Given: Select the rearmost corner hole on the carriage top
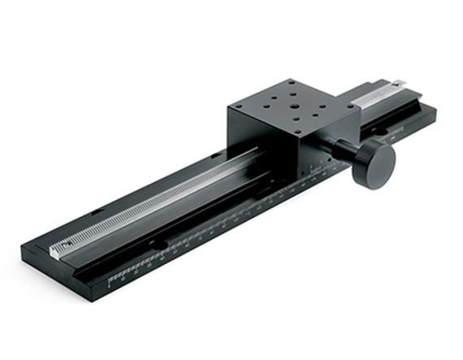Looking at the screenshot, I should click(290, 83).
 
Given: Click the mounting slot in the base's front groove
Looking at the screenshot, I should click(159, 244).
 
